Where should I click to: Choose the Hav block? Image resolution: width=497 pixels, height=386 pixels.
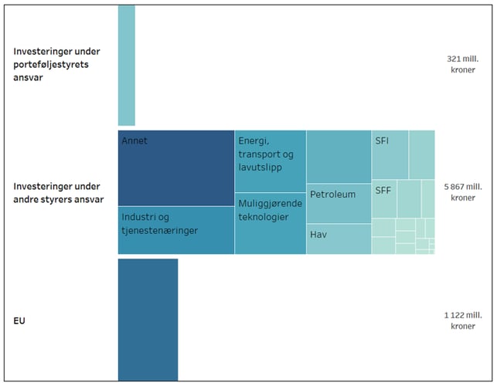339,239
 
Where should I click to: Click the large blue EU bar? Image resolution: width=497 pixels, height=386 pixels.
148,319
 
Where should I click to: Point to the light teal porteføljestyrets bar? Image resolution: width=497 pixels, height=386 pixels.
126,65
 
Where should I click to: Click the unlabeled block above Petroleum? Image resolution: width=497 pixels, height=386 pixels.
339,157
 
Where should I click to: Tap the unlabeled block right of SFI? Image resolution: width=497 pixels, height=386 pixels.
421,154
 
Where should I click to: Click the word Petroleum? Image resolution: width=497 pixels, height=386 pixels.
332,195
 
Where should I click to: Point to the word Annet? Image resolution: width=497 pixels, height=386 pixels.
134,141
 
